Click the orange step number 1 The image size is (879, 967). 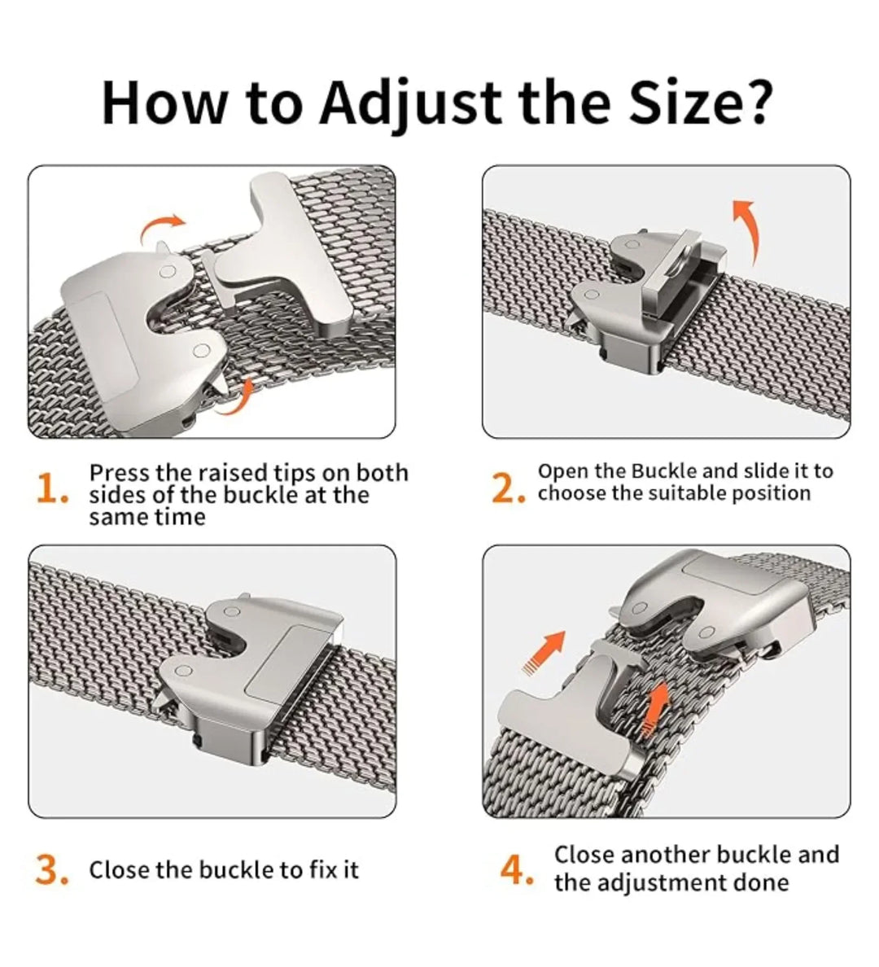click(51, 488)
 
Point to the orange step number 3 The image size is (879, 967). click(52, 869)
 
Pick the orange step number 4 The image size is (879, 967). click(516, 869)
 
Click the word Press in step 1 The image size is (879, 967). click(120, 473)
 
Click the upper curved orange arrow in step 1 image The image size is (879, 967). click(161, 228)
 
